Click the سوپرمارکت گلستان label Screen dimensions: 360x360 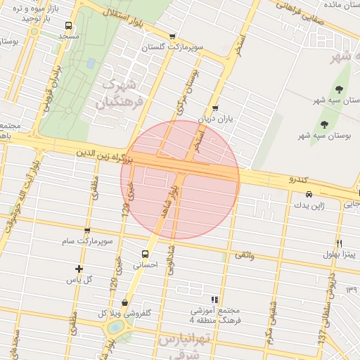173,48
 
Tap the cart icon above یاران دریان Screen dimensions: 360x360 214,108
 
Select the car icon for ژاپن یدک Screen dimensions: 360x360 308,194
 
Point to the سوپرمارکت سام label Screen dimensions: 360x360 86,241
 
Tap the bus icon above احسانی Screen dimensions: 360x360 145,255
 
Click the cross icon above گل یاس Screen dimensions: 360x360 79,269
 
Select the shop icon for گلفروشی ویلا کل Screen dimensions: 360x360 125,302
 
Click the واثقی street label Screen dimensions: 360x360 243,257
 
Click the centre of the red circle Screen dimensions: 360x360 180,180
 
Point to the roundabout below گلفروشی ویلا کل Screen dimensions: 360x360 113,328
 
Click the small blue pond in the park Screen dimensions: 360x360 91,63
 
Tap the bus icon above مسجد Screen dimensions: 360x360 68,26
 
